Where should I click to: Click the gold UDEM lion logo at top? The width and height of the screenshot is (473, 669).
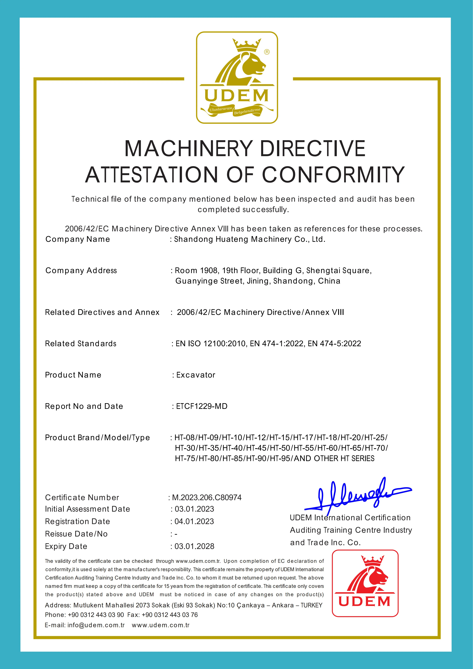coord(237,78)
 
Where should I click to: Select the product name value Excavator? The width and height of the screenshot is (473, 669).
coord(196,375)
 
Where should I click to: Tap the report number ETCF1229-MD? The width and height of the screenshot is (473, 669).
coord(201,406)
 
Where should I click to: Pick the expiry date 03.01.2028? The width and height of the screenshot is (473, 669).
coord(194,546)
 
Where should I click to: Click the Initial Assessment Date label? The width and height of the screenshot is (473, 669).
coord(87,509)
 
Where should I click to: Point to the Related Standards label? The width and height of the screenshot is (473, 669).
coord(81,344)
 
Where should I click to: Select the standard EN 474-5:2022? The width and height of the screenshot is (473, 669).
coord(334,344)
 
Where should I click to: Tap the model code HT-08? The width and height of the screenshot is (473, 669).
coord(185,437)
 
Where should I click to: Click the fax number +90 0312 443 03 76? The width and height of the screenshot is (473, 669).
coord(170,615)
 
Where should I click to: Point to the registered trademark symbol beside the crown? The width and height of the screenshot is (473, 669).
coord(267,52)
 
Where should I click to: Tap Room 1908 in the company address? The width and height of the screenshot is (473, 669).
coord(196,271)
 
